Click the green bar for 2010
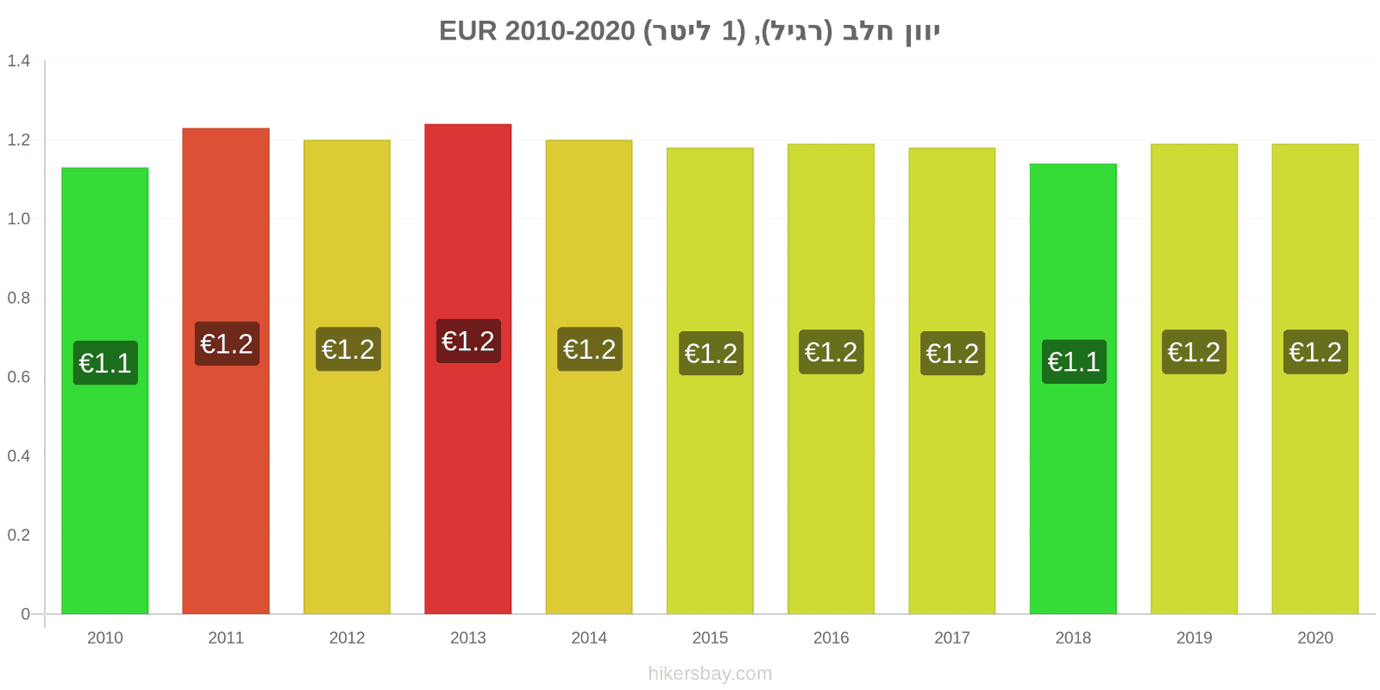pyautogui.click(x=104, y=391)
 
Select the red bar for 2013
pyautogui.click(x=467, y=369)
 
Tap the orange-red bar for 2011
pyautogui.click(x=225, y=371)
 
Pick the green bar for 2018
pyautogui.click(x=1073, y=389)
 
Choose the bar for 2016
pyautogui.click(x=831, y=379)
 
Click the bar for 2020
pyautogui.click(x=1314, y=379)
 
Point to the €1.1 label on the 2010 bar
pyautogui.click(x=105, y=363)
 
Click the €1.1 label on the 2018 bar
pyautogui.click(x=1074, y=361)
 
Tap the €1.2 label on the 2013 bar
pyautogui.click(x=468, y=341)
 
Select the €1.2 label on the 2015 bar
pyautogui.click(x=711, y=353)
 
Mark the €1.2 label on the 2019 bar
pyautogui.click(x=1194, y=352)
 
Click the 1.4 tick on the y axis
pyautogui.click(x=18, y=60)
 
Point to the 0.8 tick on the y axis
pyautogui.click(x=18, y=298)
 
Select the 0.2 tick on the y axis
pyautogui.click(x=18, y=535)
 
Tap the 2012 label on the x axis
pyautogui.click(x=347, y=637)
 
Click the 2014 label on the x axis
pyautogui.click(x=589, y=637)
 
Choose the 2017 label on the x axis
pyautogui.click(x=952, y=637)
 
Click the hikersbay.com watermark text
pyautogui.click(x=710, y=674)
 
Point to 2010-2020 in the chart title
pyautogui.click(x=570, y=31)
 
